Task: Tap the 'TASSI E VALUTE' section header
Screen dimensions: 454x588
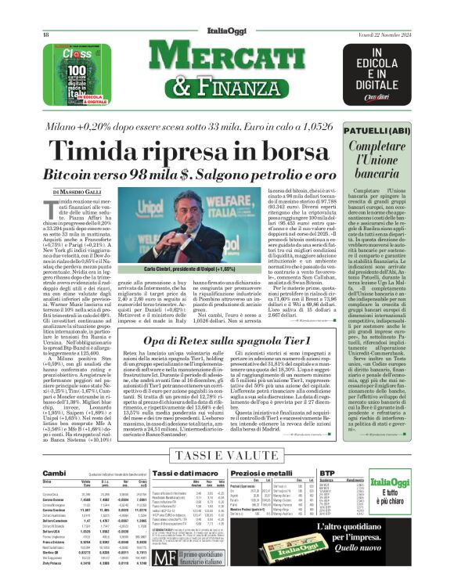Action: click(226, 458)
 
